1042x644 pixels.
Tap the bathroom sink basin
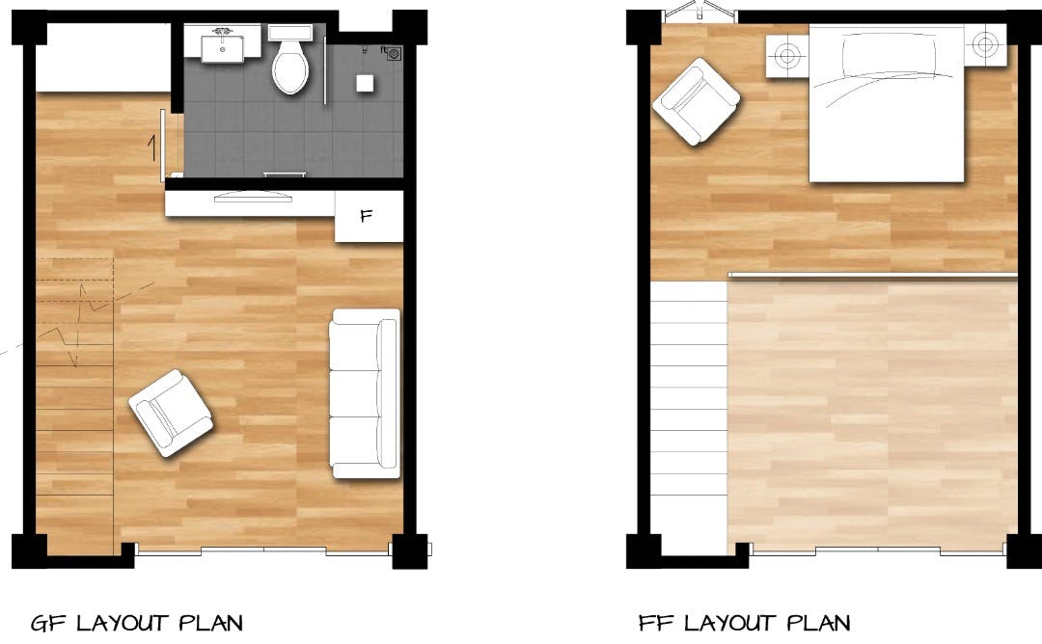click(223, 48)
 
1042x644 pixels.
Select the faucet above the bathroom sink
click(222, 31)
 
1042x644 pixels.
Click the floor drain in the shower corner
click(394, 53)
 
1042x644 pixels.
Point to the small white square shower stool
click(364, 83)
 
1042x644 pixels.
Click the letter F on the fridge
click(367, 216)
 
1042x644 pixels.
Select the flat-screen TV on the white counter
click(253, 196)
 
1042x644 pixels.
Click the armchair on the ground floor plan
click(171, 413)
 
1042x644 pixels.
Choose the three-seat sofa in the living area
click(365, 393)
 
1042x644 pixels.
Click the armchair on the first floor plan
click(696, 101)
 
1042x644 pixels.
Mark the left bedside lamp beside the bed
click(787, 55)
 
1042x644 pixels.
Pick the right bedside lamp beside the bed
click(985, 44)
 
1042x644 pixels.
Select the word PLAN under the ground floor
click(210, 624)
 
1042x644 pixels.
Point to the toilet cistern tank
click(290, 33)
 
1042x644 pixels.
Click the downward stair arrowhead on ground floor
click(74, 362)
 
